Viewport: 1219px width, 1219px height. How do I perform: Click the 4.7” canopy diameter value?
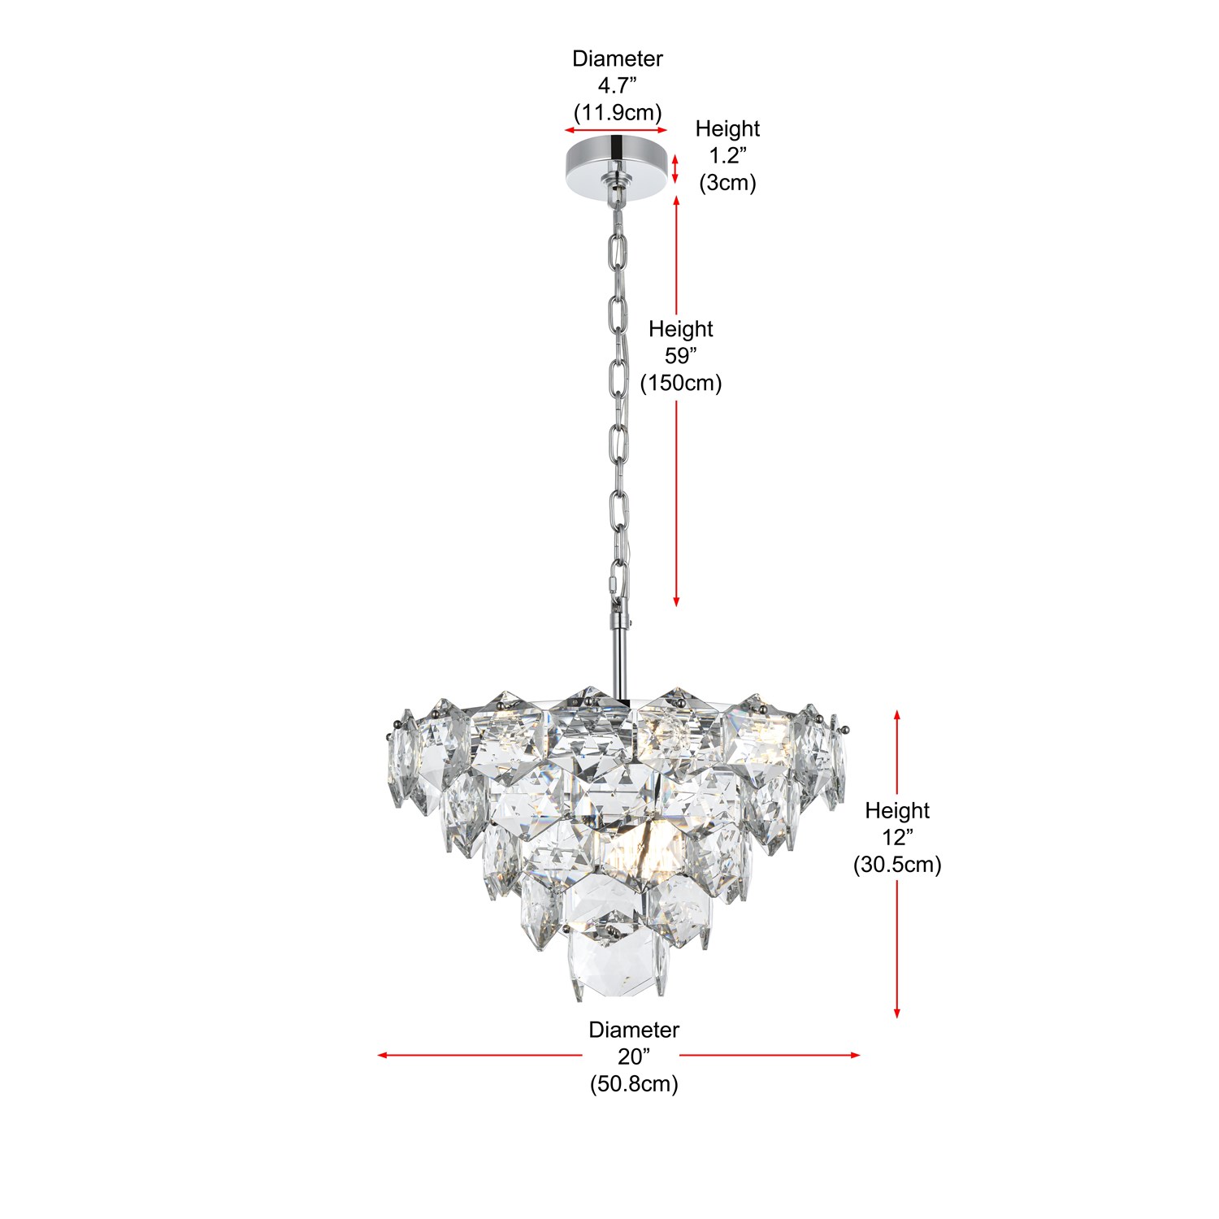(x=618, y=85)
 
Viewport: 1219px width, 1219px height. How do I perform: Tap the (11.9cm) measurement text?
(x=618, y=112)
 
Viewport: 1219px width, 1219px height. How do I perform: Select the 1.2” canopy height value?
(x=728, y=155)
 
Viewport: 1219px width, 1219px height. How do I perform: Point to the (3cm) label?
(x=728, y=182)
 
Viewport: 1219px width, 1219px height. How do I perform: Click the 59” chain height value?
(x=681, y=356)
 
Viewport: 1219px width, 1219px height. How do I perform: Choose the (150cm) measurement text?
(x=681, y=383)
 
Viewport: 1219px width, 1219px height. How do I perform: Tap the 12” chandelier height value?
(x=898, y=837)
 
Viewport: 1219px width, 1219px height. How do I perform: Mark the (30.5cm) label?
(x=897, y=864)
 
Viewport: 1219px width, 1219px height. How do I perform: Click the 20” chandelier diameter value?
(x=634, y=1056)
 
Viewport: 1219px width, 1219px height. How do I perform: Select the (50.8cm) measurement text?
(x=634, y=1083)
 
